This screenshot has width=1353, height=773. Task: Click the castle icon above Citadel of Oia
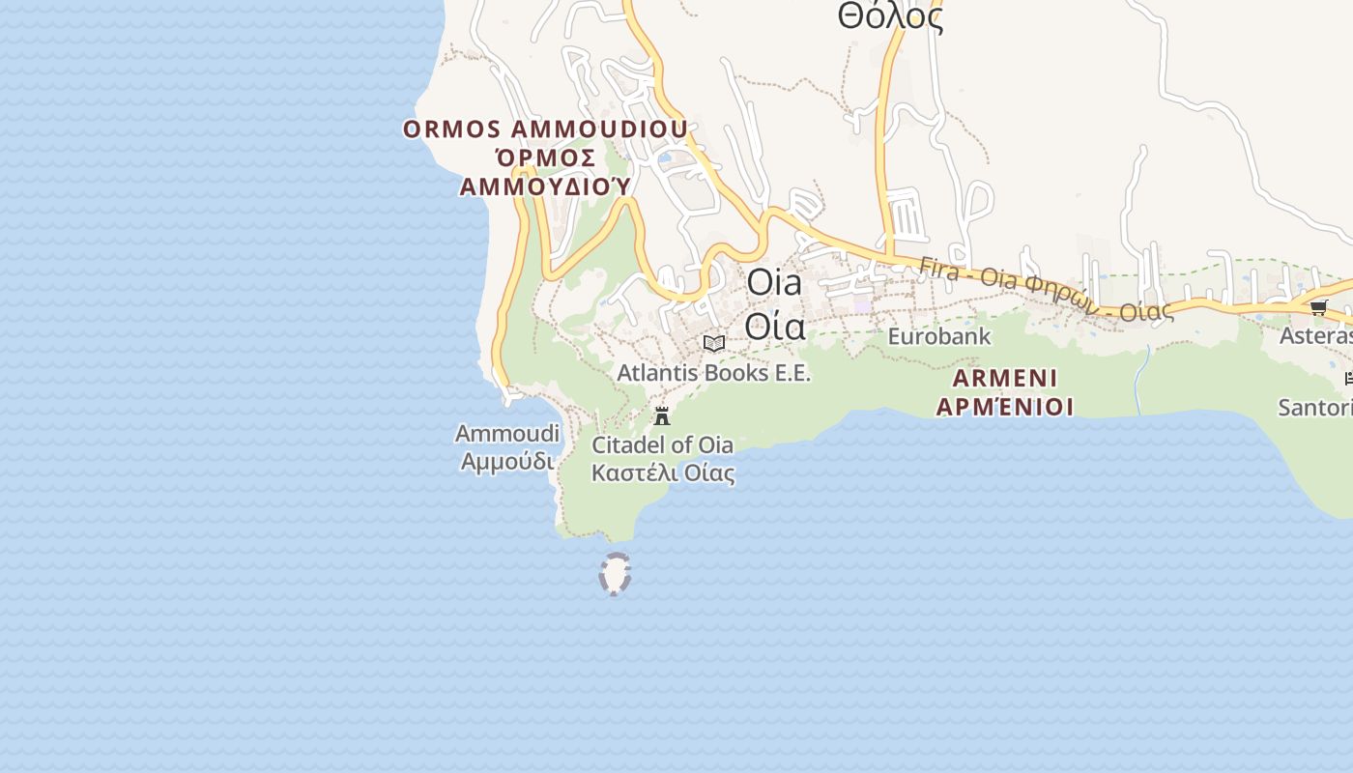click(x=662, y=416)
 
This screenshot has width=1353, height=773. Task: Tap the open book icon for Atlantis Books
click(x=714, y=343)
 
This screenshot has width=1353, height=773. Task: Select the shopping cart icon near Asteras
click(x=1318, y=307)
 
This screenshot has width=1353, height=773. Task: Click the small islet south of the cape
click(x=615, y=573)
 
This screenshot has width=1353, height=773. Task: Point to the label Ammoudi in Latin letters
click(x=507, y=434)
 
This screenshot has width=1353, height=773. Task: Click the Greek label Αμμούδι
click(x=507, y=461)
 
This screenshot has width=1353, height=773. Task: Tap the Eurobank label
click(x=939, y=336)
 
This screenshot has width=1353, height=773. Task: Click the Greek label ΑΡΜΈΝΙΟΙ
click(x=1005, y=406)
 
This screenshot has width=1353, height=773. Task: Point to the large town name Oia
click(x=775, y=283)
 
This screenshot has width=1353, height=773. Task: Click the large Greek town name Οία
click(x=775, y=328)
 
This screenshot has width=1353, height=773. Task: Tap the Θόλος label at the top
click(x=890, y=16)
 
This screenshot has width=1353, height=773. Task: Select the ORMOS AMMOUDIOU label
click(x=545, y=129)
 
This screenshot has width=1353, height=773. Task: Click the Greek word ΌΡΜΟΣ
click(x=545, y=157)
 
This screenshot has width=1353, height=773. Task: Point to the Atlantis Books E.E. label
click(x=714, y=373)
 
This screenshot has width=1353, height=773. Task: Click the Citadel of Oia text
click(x=662, y=445)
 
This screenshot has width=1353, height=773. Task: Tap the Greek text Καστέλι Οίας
click(x=663, y=473)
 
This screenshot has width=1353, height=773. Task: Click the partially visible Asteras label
click(x=1315, y=335)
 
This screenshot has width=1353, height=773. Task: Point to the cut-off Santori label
click(x=1314, y=407)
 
